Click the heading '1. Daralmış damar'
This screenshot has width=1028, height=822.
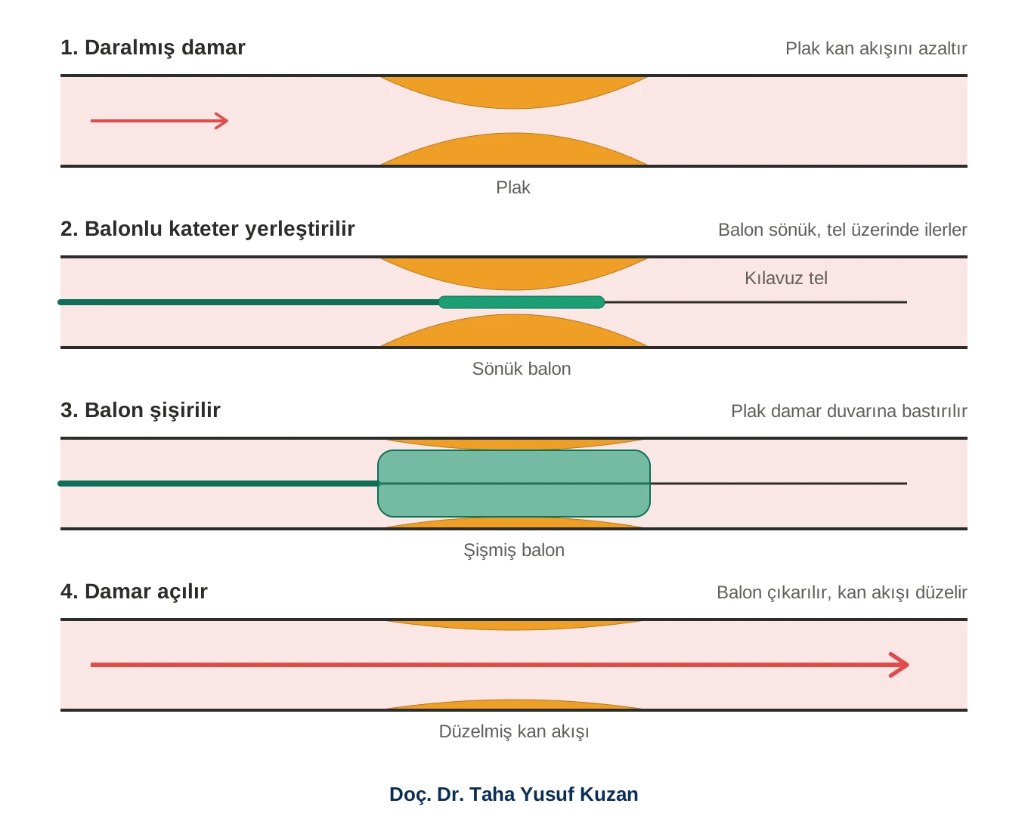(153, 48)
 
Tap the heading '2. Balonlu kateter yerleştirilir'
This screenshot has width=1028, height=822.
(207, 229)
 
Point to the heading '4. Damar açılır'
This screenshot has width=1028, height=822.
(134, 592)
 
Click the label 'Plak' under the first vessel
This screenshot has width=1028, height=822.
(513, 187)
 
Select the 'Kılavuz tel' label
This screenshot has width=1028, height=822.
(786, 278)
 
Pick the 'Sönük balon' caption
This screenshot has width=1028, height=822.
(521, 369)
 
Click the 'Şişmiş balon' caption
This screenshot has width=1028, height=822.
(514, 551)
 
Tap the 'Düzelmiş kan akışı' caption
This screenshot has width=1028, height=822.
(514, 732)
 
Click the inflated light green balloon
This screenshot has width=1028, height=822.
(514, 484)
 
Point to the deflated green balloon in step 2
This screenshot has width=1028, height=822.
(522, 302)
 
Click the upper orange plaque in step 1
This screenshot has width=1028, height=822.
(514, 93)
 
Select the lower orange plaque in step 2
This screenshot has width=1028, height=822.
(514, 330)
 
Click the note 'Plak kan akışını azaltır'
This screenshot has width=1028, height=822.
(876, 48)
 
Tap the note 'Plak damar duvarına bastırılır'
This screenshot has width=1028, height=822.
(849, 411)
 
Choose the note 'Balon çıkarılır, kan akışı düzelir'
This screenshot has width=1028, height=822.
(842, 593)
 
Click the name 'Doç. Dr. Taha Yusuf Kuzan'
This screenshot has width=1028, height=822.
(514, 794)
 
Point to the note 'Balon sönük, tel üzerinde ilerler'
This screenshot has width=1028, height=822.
(843, 230)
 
